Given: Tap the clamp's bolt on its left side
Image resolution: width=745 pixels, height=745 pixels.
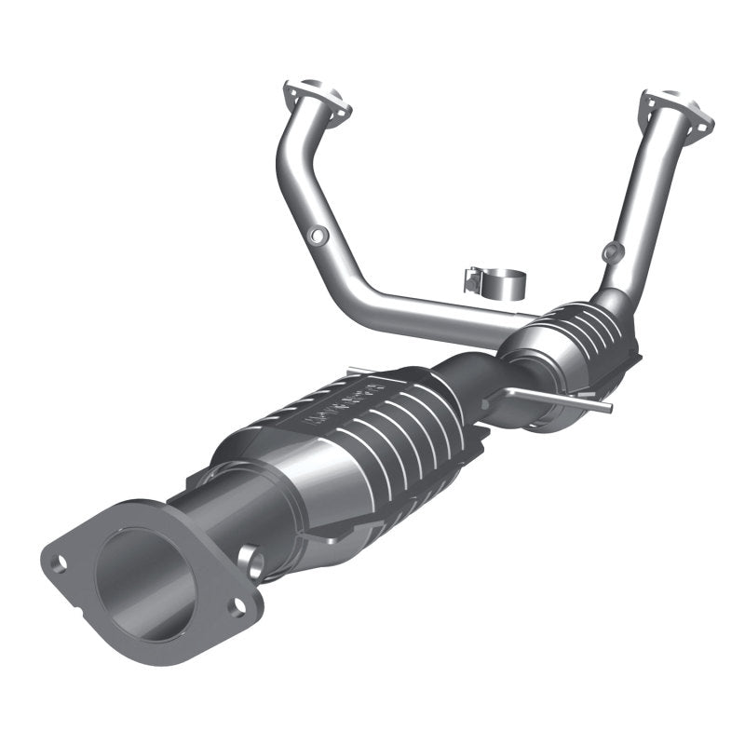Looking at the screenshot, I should pos(472,277).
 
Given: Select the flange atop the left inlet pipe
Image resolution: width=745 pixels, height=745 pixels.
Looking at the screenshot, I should pos(317,102).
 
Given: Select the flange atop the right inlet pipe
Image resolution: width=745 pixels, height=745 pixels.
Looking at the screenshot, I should pos(676,112).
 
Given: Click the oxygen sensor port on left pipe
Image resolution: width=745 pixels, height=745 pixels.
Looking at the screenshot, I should pos(318,237).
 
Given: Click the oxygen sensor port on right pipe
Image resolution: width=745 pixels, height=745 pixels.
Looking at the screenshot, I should pos(610,251).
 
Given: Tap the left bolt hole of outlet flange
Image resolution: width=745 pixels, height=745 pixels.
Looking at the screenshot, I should pos(61,562).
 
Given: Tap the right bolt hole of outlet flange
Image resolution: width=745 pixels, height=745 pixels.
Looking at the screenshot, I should pos(237,608).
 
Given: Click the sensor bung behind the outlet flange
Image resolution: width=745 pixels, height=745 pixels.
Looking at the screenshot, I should pos(251,559).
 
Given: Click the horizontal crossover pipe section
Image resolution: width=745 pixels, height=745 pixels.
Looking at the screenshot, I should pos(428,312).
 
